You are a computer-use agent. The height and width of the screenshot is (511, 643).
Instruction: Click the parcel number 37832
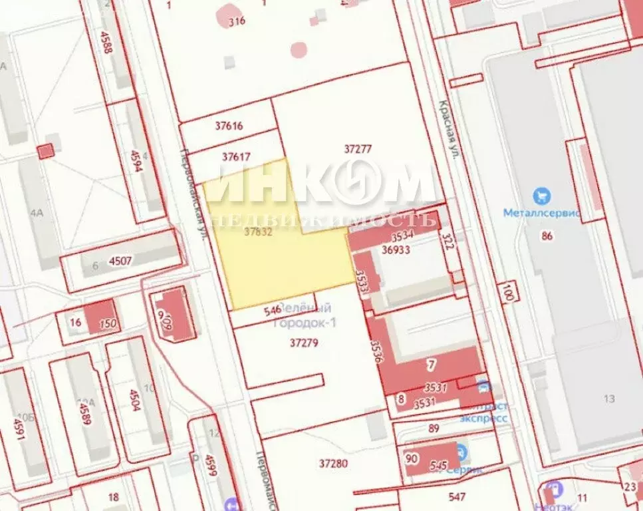(259, 233)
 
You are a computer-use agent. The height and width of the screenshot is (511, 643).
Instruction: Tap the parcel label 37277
(358, 149)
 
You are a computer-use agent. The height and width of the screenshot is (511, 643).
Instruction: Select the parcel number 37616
(229, 126)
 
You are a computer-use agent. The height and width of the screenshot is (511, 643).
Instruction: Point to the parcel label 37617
(236, 157)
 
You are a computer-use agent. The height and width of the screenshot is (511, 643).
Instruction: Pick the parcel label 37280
(333, 462)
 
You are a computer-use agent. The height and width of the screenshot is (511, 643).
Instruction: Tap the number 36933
(395, 249)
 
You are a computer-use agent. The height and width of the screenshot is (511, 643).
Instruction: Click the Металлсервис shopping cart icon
(543, 196)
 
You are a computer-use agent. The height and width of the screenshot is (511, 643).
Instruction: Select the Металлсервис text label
(542, 214)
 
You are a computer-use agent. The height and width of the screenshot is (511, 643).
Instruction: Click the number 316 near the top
(237, 21)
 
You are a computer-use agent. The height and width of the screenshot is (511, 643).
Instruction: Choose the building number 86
(547, 235)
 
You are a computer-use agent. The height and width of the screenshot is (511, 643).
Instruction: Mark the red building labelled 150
(100, 318)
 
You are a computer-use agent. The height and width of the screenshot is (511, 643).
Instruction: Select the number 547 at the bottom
(457, 496)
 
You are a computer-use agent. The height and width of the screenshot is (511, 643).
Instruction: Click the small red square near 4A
(45, 151)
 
